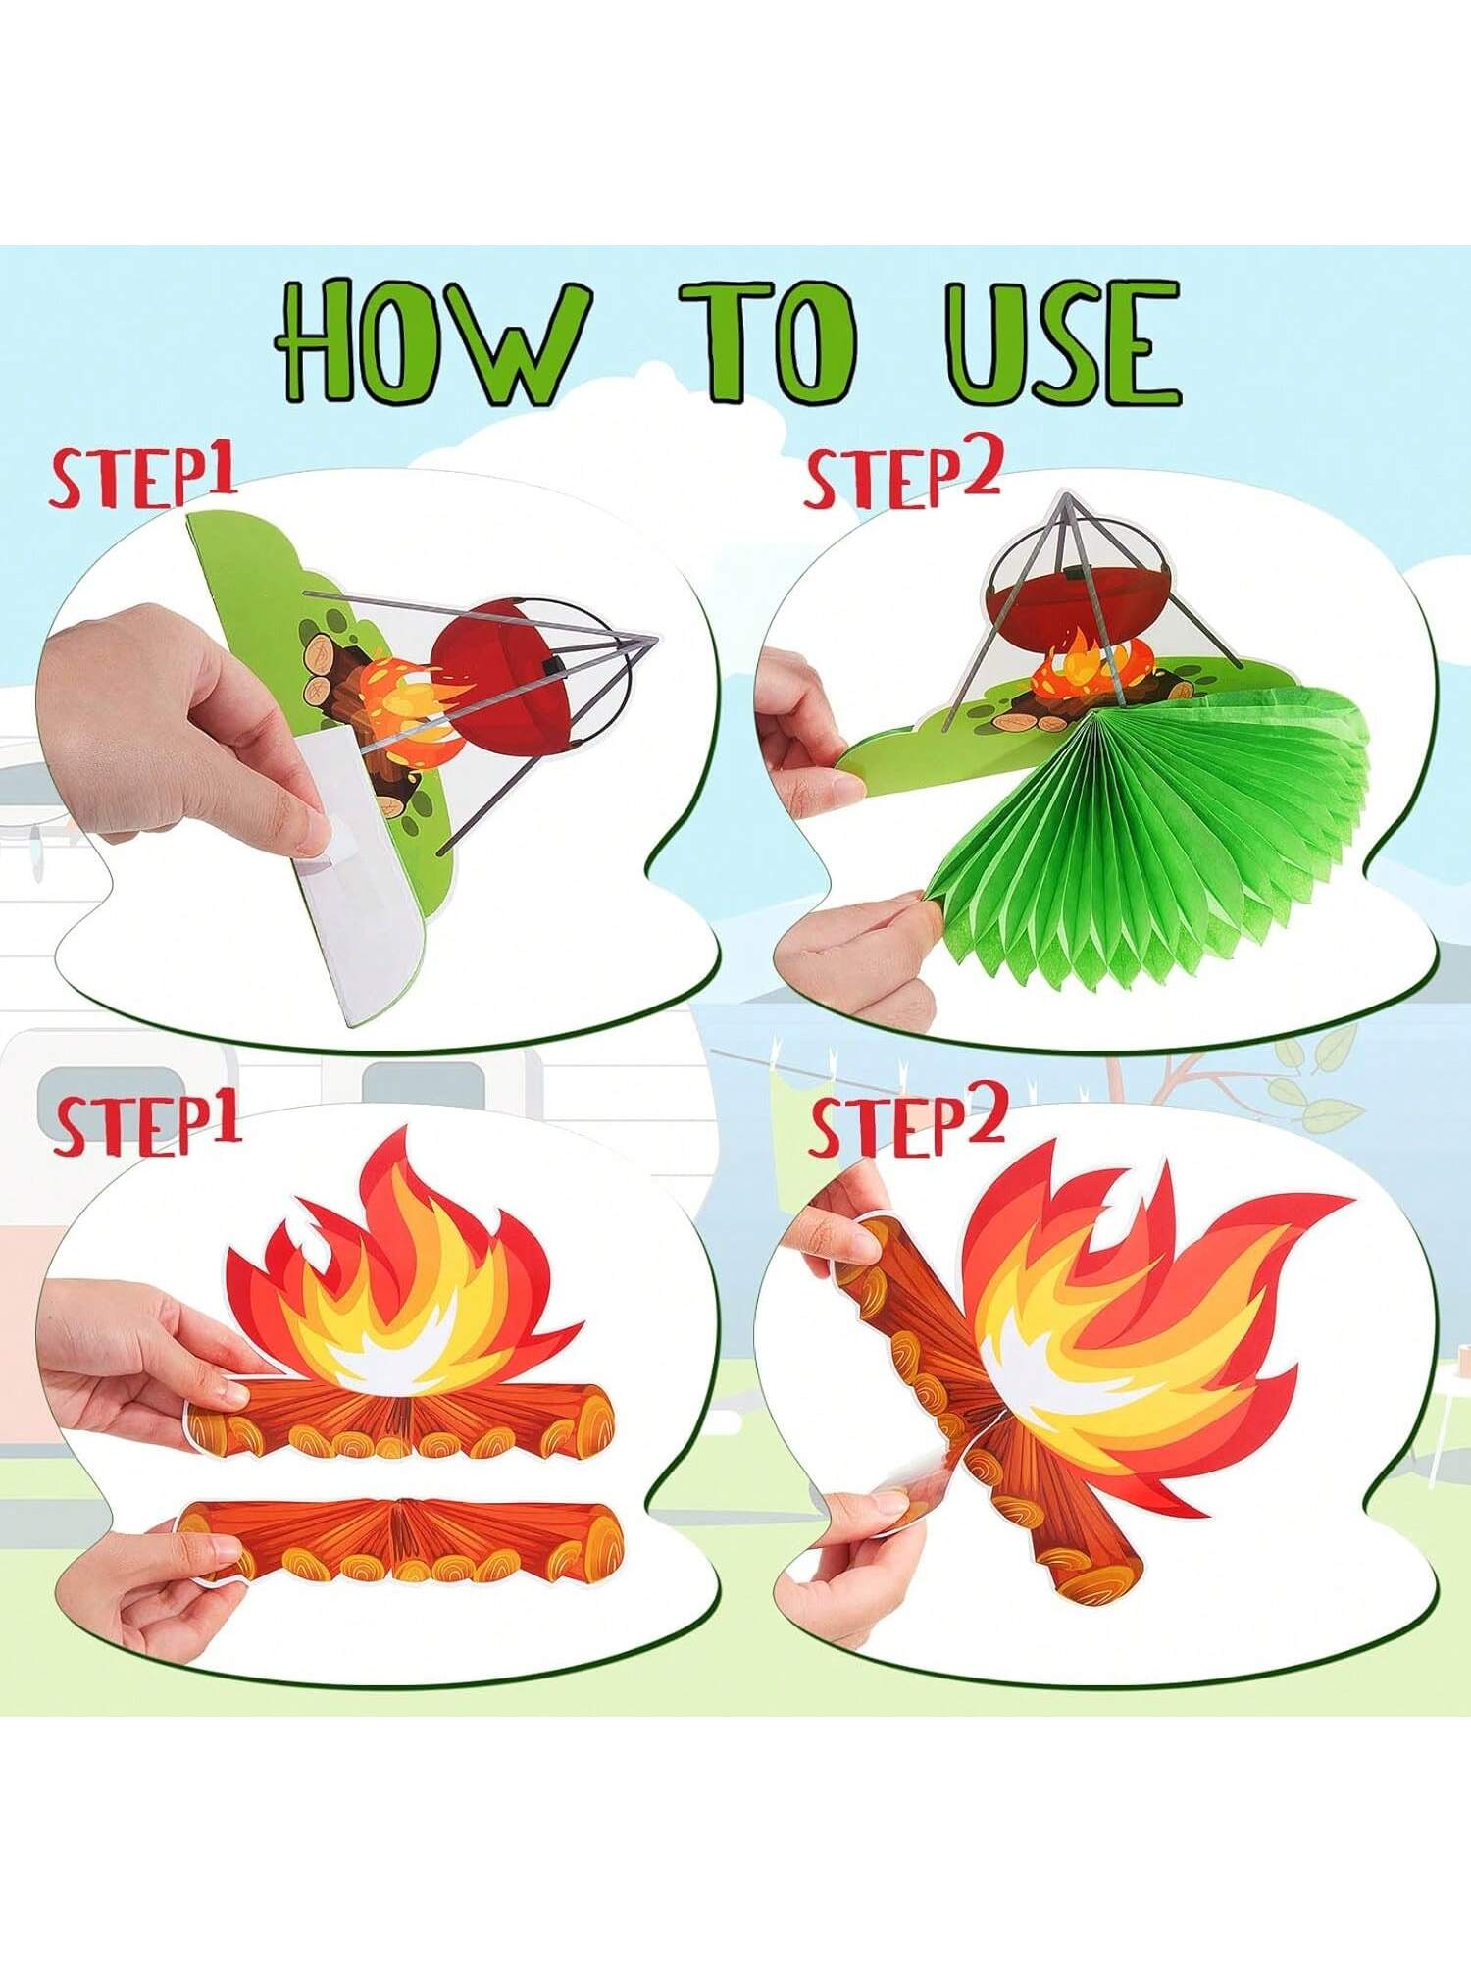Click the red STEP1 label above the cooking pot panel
tap(144, 478)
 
